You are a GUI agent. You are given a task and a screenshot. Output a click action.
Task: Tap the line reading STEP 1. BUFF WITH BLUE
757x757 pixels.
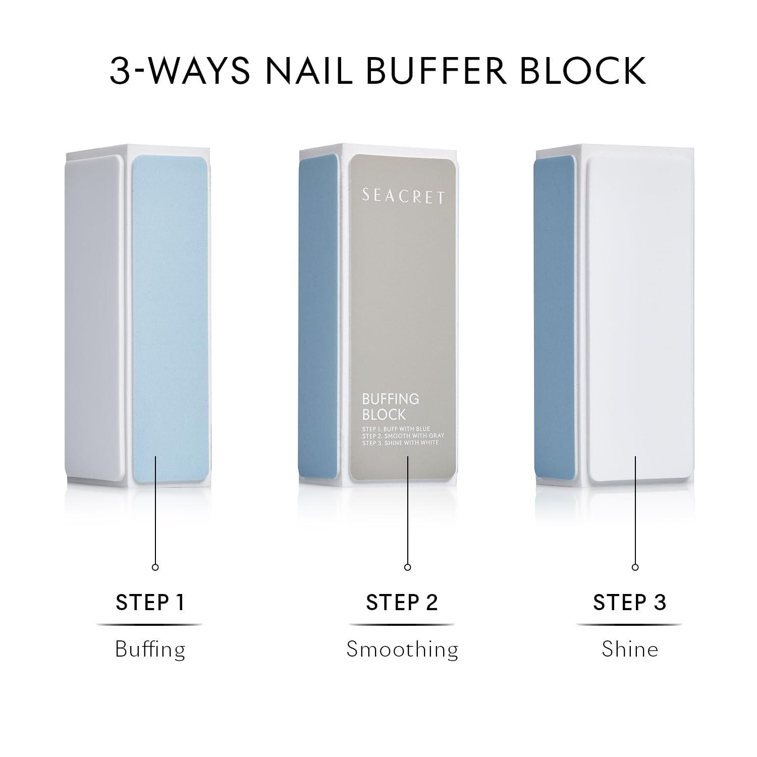(396, 429)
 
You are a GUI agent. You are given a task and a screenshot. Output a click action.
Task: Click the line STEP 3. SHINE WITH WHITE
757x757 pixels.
(400, 443)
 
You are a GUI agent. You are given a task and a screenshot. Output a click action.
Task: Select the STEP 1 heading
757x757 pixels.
(150, 602)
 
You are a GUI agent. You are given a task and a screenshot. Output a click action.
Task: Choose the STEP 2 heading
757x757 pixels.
(402, 602)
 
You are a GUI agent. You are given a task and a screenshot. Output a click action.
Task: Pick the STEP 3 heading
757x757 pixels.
(629, 602)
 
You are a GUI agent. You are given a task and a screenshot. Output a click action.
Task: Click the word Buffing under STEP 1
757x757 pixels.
(150, 649)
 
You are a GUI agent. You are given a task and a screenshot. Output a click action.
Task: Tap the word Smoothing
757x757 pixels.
(402, 649)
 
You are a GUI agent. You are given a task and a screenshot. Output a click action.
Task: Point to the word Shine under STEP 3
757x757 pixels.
(629, 649)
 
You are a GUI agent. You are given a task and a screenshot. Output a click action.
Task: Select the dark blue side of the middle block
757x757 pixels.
(319, 318)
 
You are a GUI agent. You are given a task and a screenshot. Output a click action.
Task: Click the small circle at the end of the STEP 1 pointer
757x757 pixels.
(155, 567)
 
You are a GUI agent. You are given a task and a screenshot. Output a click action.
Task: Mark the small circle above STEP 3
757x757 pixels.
(635, 567)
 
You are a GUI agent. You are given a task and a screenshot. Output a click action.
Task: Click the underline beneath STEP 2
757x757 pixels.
(402, 625)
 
